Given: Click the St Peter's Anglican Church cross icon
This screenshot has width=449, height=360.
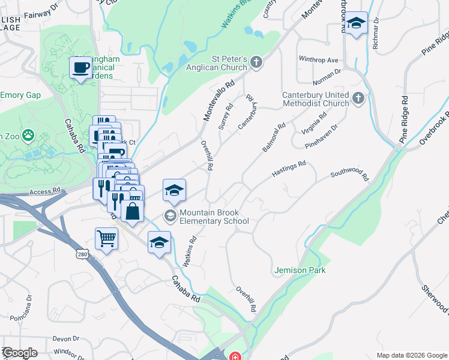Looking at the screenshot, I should [256, 62].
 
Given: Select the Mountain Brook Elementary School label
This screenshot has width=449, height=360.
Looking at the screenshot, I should [214, 217].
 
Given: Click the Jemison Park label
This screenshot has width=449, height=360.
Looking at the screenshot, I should [300, 270].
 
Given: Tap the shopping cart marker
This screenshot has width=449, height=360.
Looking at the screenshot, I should [106, 238].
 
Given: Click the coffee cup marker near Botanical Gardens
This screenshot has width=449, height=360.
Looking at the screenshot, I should [80, 67].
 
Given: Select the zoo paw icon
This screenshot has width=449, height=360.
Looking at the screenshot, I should [28, 135].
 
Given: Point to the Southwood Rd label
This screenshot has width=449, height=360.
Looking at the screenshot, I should [349, 175].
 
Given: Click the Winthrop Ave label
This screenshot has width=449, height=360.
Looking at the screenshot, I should [319, 60].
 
